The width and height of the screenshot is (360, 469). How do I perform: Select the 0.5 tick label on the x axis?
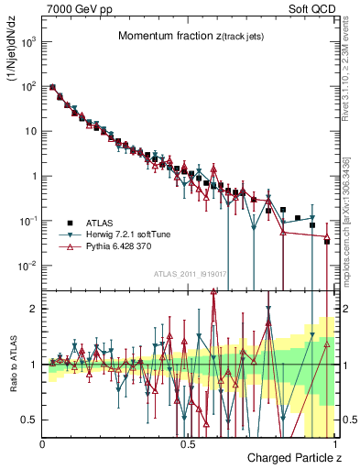pyautogui.click(x=188, y=443)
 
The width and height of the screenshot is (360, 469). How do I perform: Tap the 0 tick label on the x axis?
pyautogui.click(x=43, y=443)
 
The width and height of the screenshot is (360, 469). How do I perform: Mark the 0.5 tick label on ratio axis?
pyautogui.click(x=29, y=420)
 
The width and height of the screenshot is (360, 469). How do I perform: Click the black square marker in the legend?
pyautogui.click(x=69, y=222)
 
